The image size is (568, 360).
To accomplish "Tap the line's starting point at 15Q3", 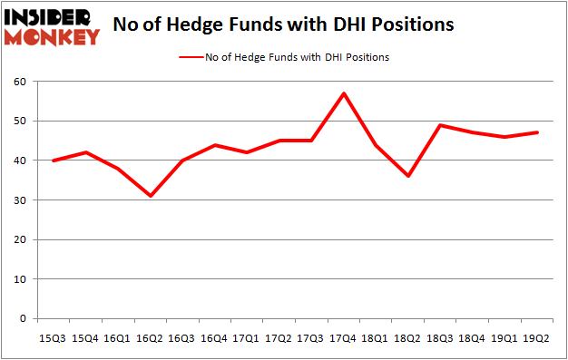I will [54, 161].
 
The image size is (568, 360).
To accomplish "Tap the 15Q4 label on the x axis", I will [85, 338].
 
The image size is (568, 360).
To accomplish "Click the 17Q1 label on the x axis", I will [245, 338].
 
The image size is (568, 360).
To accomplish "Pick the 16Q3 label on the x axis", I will [181, 338].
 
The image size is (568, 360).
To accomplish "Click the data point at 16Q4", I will [213, 145].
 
